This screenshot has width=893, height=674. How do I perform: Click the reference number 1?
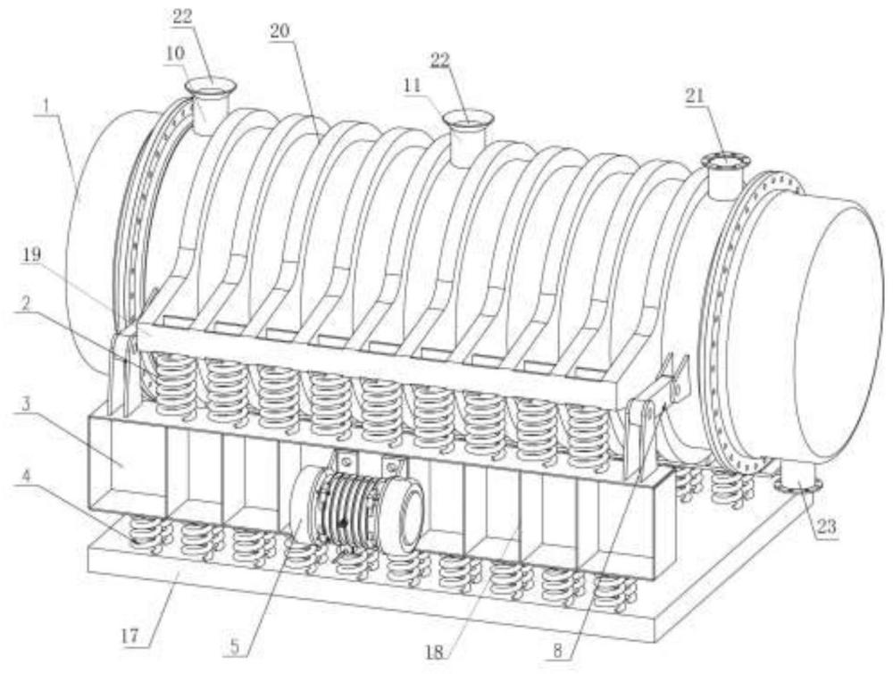[x=42, y=104]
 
